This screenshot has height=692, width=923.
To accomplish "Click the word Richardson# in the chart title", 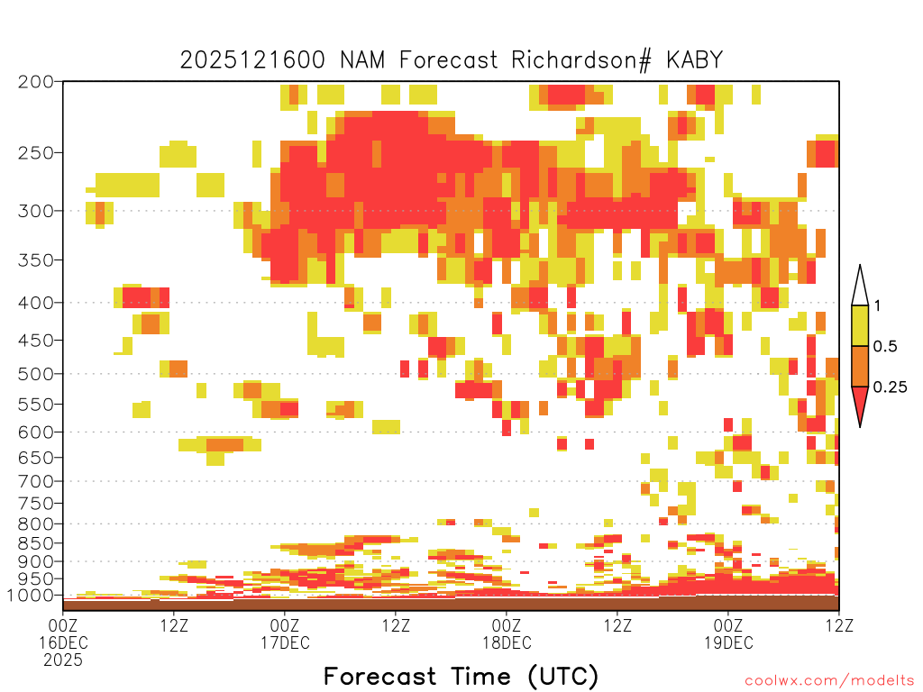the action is pos(581,60).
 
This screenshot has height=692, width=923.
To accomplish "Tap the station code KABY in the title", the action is pos(694,59).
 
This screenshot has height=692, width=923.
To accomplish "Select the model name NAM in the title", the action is pos(362,59).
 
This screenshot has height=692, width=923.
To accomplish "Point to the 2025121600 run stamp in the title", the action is pos(252,59).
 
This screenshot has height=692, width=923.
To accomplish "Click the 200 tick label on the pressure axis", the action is pos(35,82).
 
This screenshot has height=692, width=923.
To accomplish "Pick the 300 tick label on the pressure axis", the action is pos(35,211).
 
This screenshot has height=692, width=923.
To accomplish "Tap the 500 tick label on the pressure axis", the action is pos(35,374).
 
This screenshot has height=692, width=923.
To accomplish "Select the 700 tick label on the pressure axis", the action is pos(35,481).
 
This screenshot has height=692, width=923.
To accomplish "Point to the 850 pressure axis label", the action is pos(35,543).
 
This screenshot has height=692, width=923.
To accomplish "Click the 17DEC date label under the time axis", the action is pos(285,642).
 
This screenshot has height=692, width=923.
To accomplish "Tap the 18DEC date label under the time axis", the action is pos(507,642).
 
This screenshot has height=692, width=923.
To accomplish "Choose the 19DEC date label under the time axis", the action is pos(728,642).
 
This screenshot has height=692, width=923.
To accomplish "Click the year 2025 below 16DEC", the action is pos(63,660).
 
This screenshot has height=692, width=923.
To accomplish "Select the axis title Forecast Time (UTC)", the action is pos(461,677).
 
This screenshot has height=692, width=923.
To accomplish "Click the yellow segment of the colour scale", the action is pos(860,325).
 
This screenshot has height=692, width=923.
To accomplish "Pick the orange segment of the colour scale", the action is pos(860,366).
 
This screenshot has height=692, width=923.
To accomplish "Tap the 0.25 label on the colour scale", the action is pos(890,387).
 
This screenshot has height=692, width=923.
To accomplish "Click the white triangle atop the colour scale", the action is pos(860,286).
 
